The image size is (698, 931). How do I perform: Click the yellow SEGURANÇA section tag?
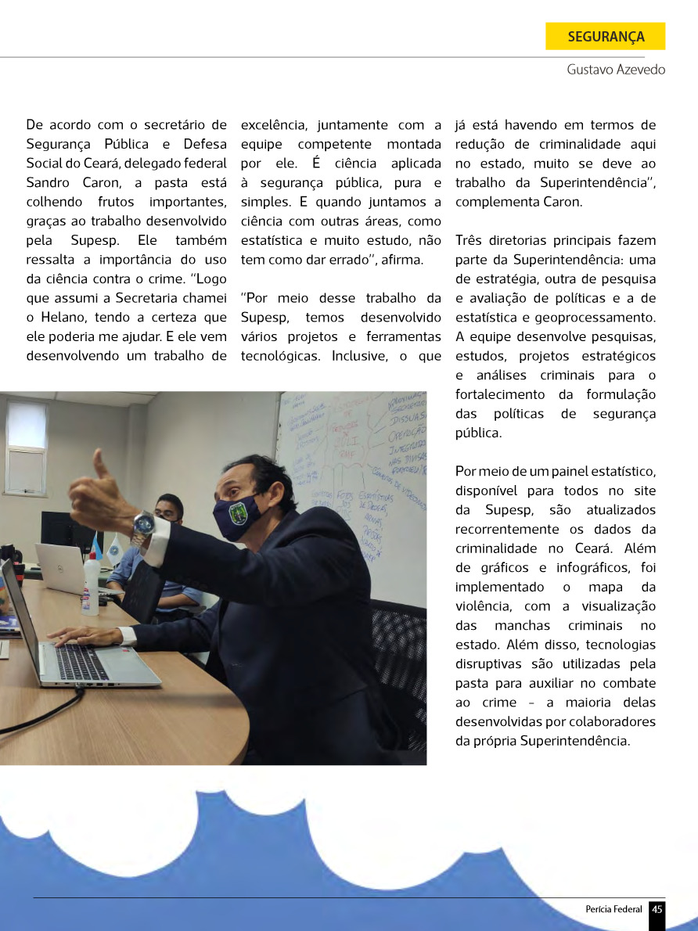606,37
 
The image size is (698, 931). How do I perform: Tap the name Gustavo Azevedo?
616,70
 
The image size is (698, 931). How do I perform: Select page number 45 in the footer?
657,909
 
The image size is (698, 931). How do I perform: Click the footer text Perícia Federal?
613,909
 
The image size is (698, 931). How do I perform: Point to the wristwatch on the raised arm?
142,522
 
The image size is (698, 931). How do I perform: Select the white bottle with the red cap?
91,584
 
